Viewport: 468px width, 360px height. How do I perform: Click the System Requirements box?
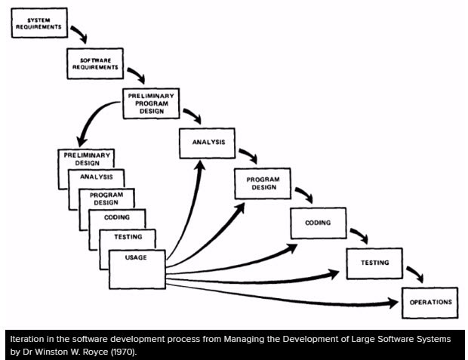click(40, 23)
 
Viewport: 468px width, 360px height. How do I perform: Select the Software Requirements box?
click(96, 63)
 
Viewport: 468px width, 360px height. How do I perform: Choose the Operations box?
click(430, 302)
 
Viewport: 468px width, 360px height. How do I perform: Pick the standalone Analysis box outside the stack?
click(208, 143)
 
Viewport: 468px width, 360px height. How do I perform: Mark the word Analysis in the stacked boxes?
click(97, 177)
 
